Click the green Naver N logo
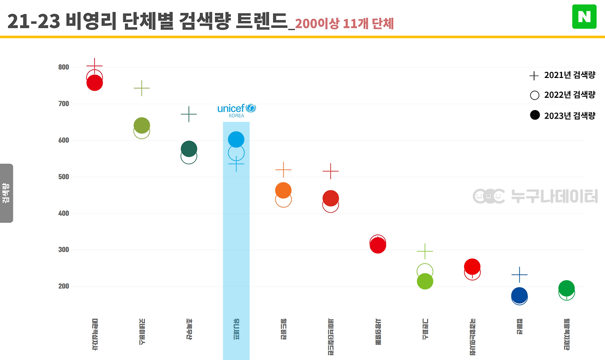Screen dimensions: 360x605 point(584,17)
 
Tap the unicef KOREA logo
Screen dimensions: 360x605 point(236,110)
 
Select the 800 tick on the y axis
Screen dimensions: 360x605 point(64,67)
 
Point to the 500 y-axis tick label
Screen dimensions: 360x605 point(64,177)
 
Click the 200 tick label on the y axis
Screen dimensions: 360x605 point(64,286)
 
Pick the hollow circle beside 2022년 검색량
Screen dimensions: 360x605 point(535,95)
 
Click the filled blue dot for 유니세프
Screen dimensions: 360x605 point(236,139)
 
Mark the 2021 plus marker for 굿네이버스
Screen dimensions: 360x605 point(141,88)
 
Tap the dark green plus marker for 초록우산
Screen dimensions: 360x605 point(189,114)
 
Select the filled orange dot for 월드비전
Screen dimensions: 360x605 point(283,190)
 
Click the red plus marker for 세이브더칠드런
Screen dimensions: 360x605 point(330,171)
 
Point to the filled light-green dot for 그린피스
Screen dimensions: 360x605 point(425,282)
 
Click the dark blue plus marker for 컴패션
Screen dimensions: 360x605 point(519,274)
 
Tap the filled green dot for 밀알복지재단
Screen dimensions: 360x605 point(566,288)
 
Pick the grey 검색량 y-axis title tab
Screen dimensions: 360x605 point(6,193)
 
